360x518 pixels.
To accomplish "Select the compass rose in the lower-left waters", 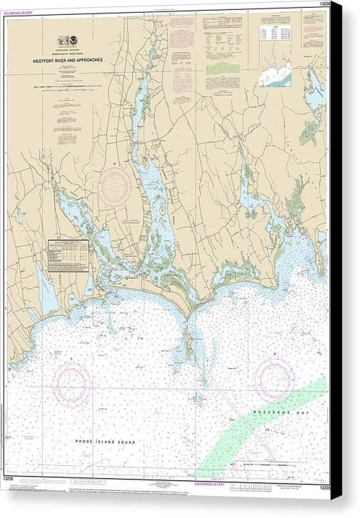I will click(x=71, y=385).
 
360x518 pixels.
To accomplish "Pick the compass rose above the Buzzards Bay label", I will click(x=275, y=377).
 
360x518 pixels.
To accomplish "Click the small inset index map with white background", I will click(x=275, y=71).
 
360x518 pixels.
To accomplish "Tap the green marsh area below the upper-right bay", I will click(x=309, y=131).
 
